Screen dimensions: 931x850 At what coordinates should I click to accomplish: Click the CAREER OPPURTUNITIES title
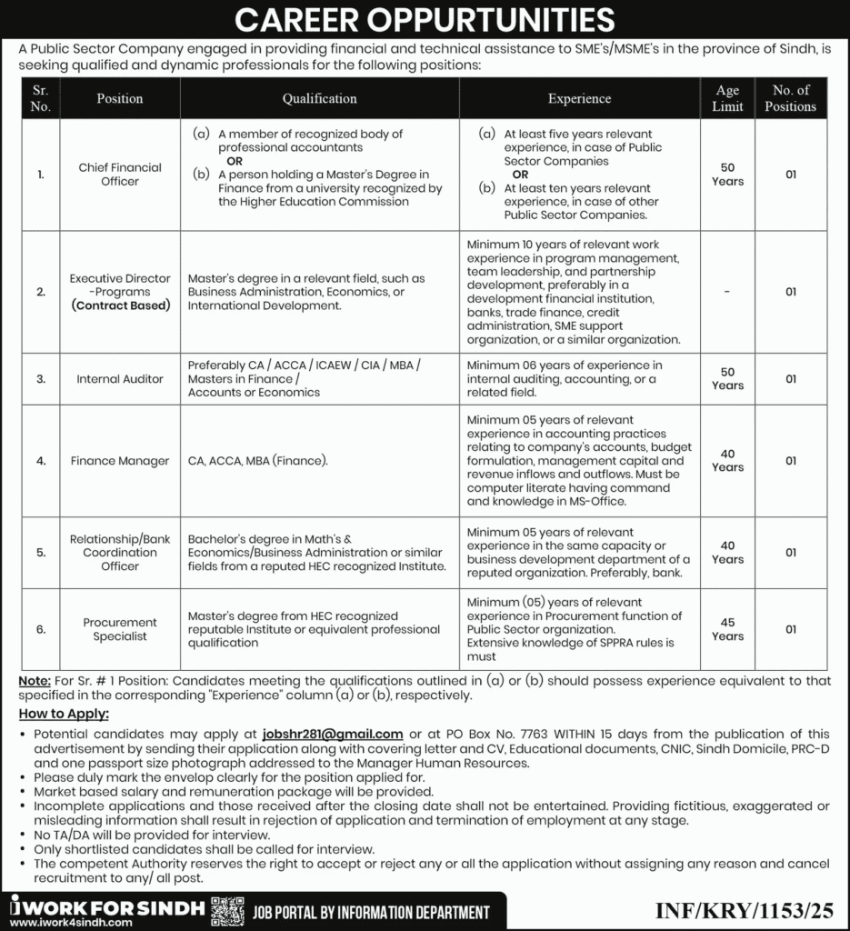point(425,19)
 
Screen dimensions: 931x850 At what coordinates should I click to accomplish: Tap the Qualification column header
point(319,98)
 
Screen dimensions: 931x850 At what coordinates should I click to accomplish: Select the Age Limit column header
point(727,98)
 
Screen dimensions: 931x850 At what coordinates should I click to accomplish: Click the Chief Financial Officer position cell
point(120,174)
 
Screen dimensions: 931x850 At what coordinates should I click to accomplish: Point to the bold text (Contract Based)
point(120,305)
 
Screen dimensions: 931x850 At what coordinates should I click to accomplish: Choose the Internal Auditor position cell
point(120,378)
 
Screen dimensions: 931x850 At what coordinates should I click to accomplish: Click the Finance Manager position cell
point(120,461)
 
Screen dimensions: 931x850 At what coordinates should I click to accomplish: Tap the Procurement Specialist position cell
point(120,629)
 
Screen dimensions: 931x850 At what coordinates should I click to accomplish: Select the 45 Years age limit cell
point(727,629)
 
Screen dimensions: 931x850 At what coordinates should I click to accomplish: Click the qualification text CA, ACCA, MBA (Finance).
point(258,461)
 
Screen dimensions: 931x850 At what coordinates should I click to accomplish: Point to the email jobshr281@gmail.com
point(332,734)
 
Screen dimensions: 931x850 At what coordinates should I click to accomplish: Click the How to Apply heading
point(64,715)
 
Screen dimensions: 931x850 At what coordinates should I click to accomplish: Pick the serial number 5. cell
point(41,552)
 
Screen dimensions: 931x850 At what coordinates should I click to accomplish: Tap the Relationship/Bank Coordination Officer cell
point(120,552)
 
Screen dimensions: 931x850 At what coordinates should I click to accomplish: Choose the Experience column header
point(579,98)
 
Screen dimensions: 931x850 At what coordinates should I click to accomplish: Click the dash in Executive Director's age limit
point(727,292)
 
